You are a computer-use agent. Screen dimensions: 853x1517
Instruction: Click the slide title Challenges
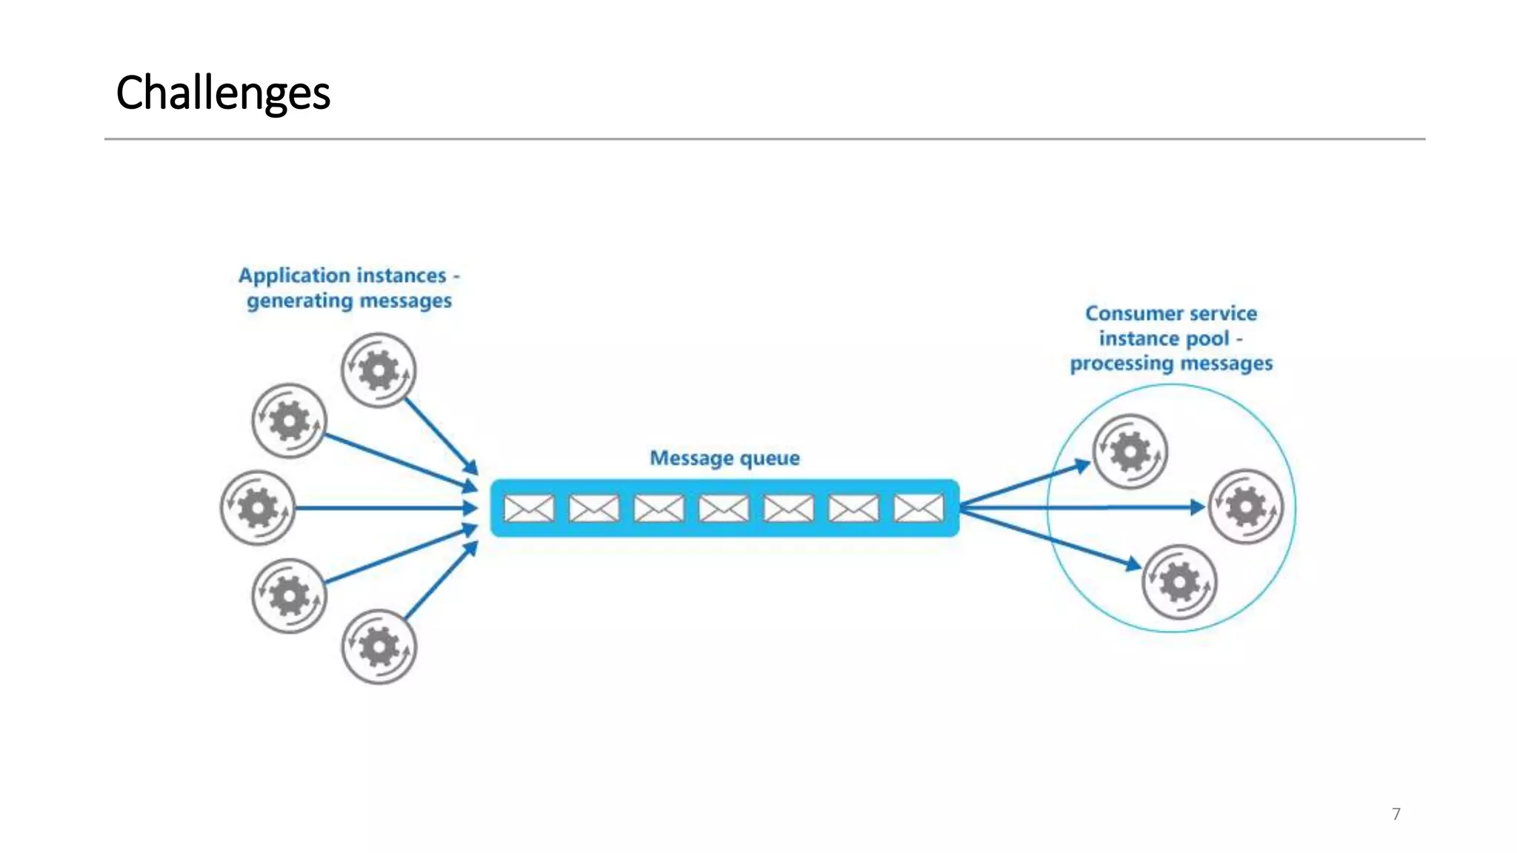223,93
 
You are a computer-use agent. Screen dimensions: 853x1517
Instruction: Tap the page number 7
1396,814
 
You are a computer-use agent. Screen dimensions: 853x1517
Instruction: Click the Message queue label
724,458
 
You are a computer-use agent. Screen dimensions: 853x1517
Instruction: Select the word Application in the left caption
284,276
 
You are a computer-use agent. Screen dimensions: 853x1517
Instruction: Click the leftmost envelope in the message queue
529,509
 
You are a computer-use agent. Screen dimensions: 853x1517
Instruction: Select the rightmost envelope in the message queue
918,509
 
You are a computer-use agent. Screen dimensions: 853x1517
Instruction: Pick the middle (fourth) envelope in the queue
724,509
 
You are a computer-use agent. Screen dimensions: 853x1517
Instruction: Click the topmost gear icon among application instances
379,370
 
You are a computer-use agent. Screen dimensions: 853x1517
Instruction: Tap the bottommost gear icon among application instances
379,646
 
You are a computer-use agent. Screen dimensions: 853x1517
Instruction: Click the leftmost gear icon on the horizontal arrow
258,509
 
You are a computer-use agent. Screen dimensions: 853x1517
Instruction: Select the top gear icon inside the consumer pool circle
1130,452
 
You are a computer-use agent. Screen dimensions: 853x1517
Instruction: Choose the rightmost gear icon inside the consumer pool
1246,507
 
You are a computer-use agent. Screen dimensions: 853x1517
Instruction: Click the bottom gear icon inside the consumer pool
1179,582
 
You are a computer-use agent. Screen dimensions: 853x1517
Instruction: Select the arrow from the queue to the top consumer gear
1026,485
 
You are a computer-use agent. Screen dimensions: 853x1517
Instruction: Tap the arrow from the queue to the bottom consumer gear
1052,539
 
